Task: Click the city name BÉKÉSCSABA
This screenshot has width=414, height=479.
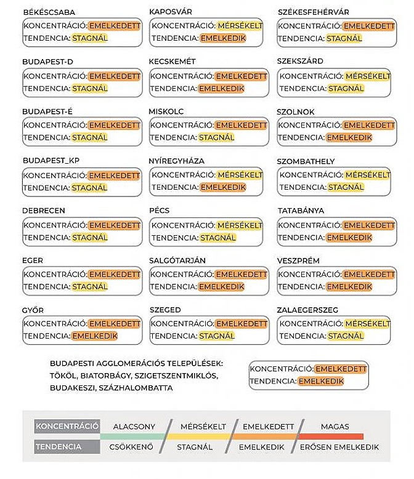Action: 49,12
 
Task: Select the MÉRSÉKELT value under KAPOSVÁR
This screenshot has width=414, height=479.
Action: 240,26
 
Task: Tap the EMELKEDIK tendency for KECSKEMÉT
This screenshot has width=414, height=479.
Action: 221,89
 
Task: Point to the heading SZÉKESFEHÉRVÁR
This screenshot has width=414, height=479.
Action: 313,12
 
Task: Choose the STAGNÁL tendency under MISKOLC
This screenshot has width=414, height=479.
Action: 216,138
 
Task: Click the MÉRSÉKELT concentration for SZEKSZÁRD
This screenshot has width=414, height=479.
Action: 367,76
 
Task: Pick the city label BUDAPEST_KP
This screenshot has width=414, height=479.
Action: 51,161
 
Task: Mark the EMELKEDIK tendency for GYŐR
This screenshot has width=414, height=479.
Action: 94,336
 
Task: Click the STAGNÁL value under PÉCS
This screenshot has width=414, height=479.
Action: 218,238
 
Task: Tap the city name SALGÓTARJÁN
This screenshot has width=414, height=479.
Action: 177,260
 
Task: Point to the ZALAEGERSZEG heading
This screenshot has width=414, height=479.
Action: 307,310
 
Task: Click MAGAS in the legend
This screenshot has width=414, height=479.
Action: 335,426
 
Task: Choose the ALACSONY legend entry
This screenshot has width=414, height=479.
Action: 134,426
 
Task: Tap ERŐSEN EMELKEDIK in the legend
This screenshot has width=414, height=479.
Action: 339,447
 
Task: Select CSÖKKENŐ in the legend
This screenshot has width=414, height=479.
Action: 131,447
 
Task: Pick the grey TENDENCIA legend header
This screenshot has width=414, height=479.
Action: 59,447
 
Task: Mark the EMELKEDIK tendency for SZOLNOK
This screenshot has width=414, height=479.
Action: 349,138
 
